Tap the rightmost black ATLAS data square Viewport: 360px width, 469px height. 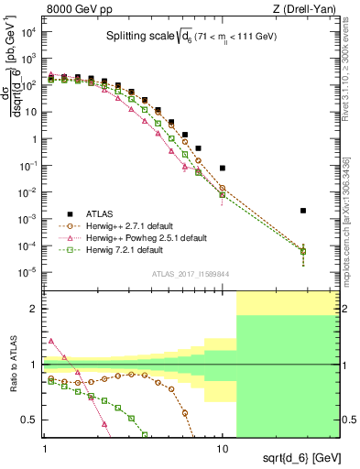click(303, 211)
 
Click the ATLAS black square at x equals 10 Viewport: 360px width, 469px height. click(223, 169)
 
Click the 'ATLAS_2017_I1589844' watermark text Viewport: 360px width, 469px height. click(190, 272)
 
